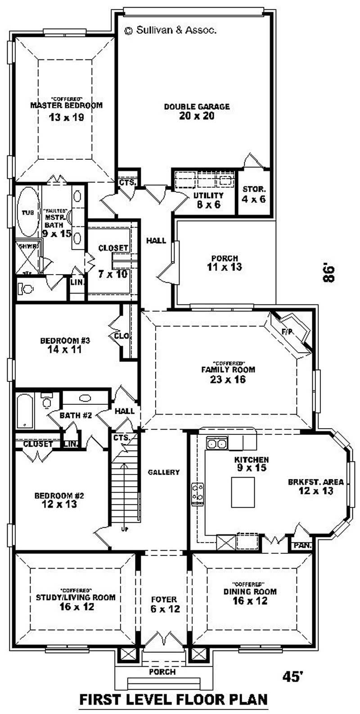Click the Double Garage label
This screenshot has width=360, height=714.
point(197,107)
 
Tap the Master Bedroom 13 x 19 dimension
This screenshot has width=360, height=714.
point(66,117)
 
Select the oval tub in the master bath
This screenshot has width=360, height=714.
point(28,212)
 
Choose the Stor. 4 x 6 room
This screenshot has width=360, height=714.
point(254,194)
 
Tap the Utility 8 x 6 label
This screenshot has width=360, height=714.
point(208,196)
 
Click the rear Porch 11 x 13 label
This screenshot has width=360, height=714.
point(224,258)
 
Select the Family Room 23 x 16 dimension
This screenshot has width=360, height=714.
point(228,380)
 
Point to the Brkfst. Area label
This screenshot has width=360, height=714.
point(315,482)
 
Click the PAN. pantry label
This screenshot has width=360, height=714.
point(302,546)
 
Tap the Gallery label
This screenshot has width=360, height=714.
point(164,472)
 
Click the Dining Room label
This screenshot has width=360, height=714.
point(250,592)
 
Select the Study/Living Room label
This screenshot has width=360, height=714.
point(76,598)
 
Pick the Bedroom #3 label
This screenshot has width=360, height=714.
point(66,340)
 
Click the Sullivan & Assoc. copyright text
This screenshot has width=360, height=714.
point(171,31)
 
